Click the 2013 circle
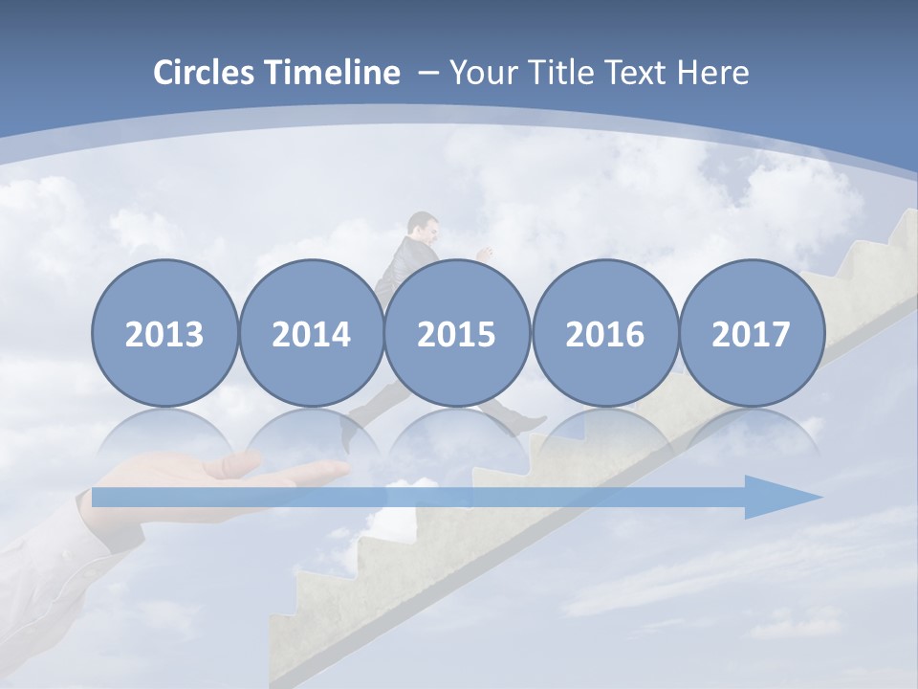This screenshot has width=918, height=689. pos(164,333)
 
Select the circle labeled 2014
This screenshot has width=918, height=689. pos(311,333)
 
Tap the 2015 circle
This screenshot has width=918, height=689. pos(457,333)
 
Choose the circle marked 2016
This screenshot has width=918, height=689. pos(604,333)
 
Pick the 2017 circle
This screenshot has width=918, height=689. pos(751,333)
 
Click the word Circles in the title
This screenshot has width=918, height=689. pos(205,73)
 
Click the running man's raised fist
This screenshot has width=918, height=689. pos(485,256)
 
